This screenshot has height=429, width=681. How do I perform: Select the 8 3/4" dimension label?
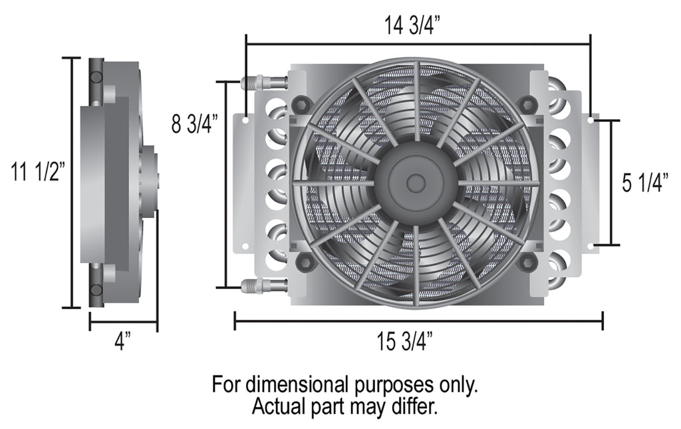point(194,125)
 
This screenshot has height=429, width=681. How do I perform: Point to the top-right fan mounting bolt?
point(528,103)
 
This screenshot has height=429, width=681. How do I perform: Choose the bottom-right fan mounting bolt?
point(528,261)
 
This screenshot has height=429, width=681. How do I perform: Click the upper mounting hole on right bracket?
point(591,121)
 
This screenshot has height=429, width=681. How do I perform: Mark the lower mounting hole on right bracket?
point(591,246)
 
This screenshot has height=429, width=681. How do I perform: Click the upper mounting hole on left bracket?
point(245,121)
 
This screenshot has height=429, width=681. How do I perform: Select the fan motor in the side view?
point(148,180)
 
